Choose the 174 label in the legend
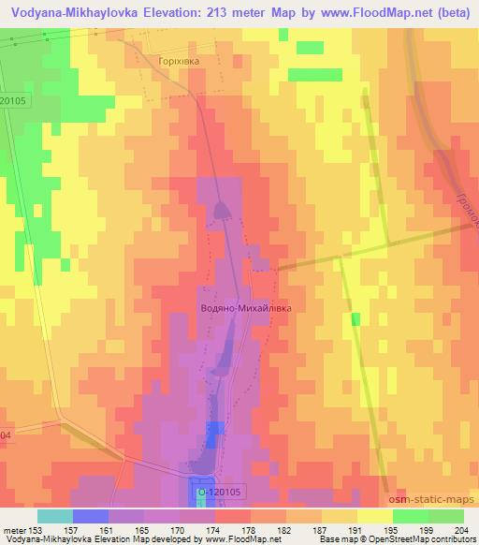(200, 529)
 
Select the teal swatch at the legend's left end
(54, 515)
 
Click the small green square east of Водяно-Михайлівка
(355, 319)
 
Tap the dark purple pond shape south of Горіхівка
(222, 210)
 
